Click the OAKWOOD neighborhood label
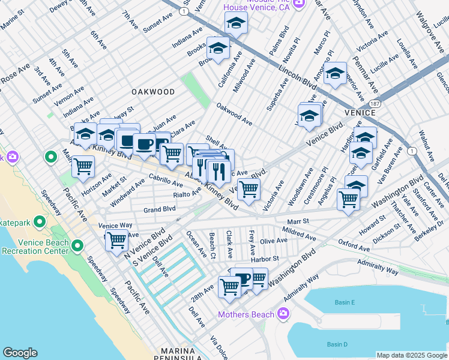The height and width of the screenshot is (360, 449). (x=153, y=92)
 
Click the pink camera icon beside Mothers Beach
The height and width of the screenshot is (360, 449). (x=284, y=314)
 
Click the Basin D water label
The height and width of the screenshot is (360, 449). (x=337, y=344)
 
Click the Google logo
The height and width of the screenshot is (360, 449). (x=20, y=353)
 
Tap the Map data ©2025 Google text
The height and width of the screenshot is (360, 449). (x=411, y=355)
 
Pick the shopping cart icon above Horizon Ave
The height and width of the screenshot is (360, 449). (x=83, y=166)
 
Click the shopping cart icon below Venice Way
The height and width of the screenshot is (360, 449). (x=117, y=241)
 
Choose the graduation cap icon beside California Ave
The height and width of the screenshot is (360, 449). (x=218, y=48)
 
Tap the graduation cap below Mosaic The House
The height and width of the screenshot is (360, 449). (x=236, y=23)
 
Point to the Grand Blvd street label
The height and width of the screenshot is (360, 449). (x=159, y=209)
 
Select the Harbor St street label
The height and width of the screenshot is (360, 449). (x=265, y=259)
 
